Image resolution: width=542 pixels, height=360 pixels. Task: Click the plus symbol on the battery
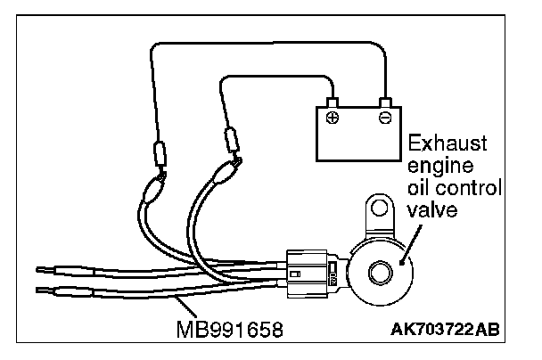click(333, 119)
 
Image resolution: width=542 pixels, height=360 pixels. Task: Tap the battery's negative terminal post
click(385, 102)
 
